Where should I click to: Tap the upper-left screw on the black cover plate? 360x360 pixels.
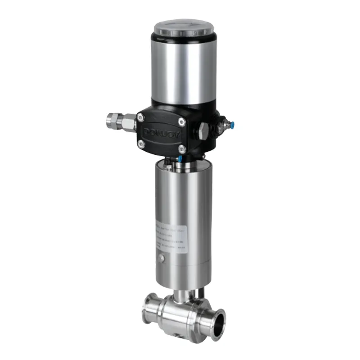(141, 117)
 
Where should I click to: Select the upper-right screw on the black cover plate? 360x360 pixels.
(181, 121)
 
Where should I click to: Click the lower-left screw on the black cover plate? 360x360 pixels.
(141, 144)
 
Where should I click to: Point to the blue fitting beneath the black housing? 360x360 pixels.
(180, 158)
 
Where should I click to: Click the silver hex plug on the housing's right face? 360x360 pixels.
(204, 129)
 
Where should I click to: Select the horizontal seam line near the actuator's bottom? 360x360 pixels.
(182, 268)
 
